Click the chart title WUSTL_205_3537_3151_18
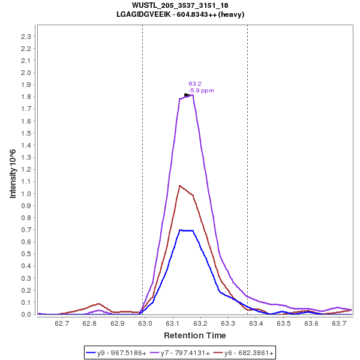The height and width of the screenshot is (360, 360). (x=180, y=5)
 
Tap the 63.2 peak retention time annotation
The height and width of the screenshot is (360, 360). (x=195, y=84)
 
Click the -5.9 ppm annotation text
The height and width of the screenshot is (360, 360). (x=201, y=91)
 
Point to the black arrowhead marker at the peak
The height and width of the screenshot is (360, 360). (x=187, y=95)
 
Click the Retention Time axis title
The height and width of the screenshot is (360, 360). (x=195, y=335)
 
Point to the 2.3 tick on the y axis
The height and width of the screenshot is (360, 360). (x=26, y=37)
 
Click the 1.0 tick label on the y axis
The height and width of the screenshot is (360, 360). (x=26, y=194)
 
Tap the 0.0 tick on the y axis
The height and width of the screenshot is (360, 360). (x=26, y=314)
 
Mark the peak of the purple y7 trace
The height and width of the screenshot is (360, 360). (x=192, y=95)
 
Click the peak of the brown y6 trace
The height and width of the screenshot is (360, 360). (x=179, y=185)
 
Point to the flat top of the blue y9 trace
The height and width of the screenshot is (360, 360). (x=186, y=230)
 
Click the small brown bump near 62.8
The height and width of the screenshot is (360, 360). (x=98, y=304)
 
